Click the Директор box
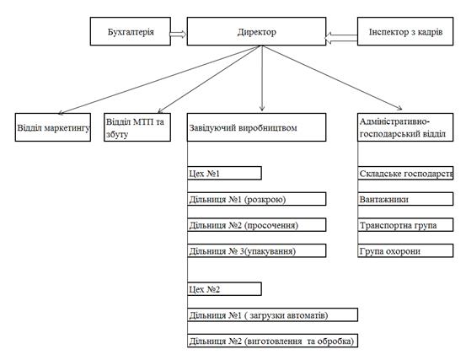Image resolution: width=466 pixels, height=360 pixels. (x=256, y=31)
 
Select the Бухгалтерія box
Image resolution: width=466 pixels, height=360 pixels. (x=131, y=31)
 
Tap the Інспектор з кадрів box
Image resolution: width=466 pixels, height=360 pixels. (x=405, y=31)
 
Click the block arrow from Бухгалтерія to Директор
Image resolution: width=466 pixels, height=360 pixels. (x=179, y=35)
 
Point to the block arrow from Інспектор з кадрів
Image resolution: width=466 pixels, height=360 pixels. (x=341, y=38)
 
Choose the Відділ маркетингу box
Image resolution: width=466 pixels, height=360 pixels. (x=53, y=127)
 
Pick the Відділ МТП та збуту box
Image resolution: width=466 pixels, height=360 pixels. (x=137, y=127)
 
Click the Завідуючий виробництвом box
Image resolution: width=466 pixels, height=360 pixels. (x=256, y=127)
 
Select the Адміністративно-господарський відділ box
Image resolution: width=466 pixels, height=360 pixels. (x=405, y=127)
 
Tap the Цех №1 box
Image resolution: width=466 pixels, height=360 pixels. (x=225, y=173)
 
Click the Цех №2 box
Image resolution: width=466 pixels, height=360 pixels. (x=225, y=289)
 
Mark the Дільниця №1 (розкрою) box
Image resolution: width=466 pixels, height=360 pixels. (x=257, y=199)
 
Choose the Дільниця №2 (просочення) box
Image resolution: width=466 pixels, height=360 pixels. (x=257, y=225)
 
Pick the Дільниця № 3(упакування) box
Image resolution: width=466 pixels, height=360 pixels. (x=257, y=250)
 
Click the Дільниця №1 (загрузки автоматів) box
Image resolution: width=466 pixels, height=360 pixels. (x=272, y=314)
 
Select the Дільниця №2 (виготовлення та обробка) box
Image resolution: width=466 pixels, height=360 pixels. (x=272, y=341)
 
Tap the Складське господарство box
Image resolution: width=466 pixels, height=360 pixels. (x=405, y=173)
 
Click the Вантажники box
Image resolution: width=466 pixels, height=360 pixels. (x=405, y=199)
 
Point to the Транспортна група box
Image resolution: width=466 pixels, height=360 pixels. (x=405, y=225)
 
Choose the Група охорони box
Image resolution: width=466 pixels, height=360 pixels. (x=405, y=250)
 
